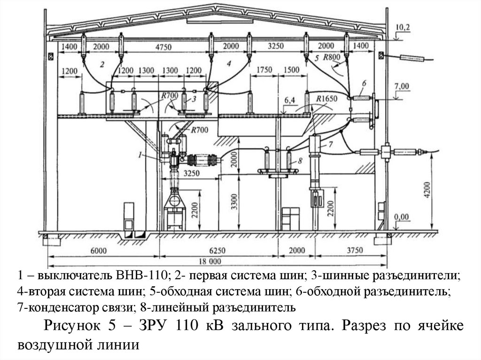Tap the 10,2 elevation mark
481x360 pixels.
pyautogui.click(x=403, y=28)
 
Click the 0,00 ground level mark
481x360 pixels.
pyautogui.click(x=402, y=217)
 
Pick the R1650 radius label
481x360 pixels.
pyautogui.click(x=325, y=99)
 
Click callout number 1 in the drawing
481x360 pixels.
pyautogui.click(x=140, y=153)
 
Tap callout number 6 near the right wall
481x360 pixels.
pyautogui.click(x=364, y=83)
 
